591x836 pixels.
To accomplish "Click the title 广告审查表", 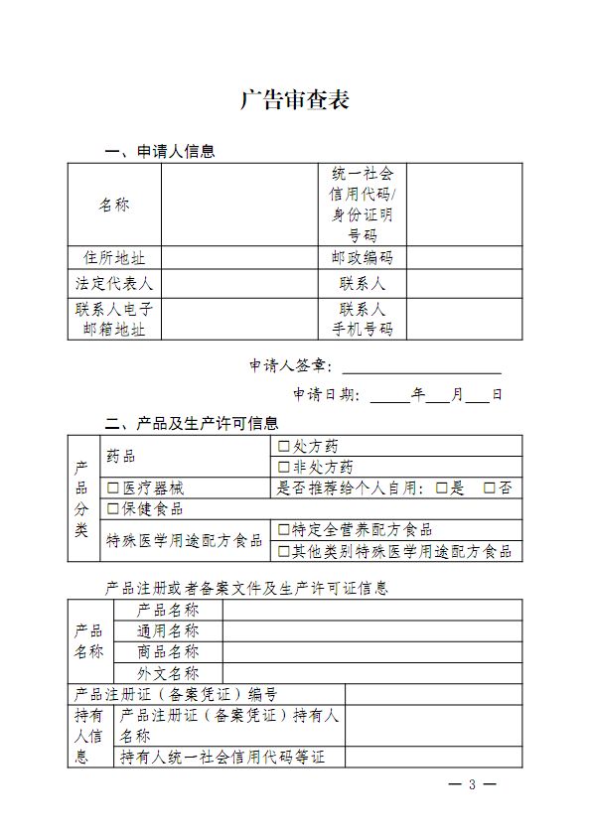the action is click(x=294, y=100).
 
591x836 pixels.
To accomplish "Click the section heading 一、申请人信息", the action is click(x=160, y=152).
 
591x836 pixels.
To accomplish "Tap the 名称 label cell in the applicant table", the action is click(x=114, y=205).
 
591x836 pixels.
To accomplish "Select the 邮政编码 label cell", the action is click(x=362, y=257).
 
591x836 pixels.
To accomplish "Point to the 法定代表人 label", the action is click(x=114, y=283).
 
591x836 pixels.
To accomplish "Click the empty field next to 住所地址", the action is click(x=238, y=257).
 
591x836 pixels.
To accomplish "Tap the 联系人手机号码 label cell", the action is click(x=362, y=319).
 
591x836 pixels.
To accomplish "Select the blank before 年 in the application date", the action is click(x=390, y=394).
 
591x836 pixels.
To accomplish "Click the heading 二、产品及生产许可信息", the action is click(x=192, y=423).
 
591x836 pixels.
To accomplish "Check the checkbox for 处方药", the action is click(x=284, y=446).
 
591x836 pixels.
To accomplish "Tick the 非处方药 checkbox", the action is click(x=284, y=467).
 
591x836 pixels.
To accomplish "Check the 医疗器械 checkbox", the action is click(x=113, y=488).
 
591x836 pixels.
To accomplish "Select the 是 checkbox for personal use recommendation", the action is click(x=442, y=488).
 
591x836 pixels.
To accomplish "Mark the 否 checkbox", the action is click(x=489, y=488).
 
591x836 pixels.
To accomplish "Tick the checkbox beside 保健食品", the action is click(x=113, y=509).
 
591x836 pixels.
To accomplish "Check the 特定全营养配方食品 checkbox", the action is click(x=284, y=530).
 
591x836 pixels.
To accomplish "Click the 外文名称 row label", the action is click(x=168, y=673).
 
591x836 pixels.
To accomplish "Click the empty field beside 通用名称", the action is click(x=371, y=631).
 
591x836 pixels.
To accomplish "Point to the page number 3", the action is click(x=473, y=785).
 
